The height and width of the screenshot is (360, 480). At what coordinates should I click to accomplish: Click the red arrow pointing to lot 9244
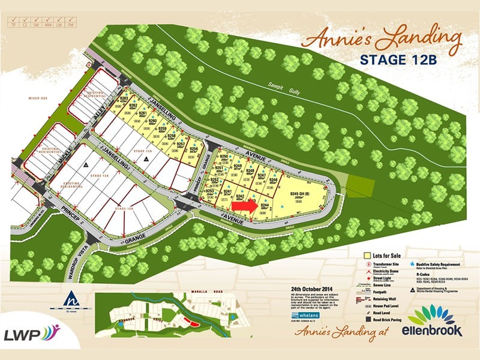coord(242,205)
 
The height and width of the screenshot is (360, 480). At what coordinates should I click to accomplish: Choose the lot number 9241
coord(227,191)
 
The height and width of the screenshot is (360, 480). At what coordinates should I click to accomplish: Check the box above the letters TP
coord(11,19)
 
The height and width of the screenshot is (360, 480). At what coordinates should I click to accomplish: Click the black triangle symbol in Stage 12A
coord(88,163)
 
